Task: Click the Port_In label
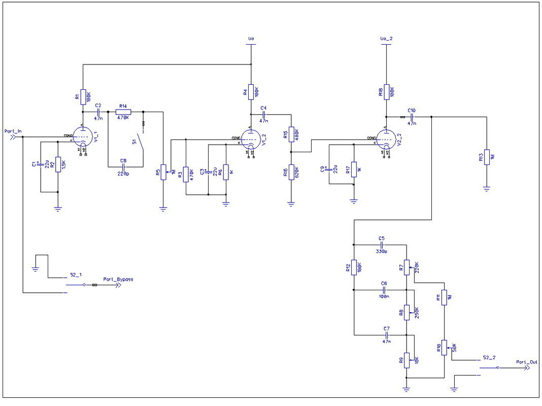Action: pyautogui.click(x=13, y=131)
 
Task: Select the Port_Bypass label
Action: pyautogui.click(x=118, y=279)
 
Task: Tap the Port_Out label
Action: pyautogui.click(x=527, y=362)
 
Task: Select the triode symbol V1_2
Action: pyautogui.click(x=250, y=138)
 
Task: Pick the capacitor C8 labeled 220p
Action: pyautogui.click(x=123, y=166)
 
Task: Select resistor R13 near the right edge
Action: pyautogui.click(x=486, y=158)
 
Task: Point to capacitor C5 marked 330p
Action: pyautogui.click(x=382, y=244)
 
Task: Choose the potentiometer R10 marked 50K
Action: pyautogui.click(x=444, y=348)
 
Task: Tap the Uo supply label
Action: pyautogui.click(x=251, y=39)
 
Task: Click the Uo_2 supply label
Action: pyautogui.click(x=386, y=39)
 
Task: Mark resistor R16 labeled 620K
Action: pyautogui.click(x=291, y=173)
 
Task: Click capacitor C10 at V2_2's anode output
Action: pyautogui.click(x=412, y=117)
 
